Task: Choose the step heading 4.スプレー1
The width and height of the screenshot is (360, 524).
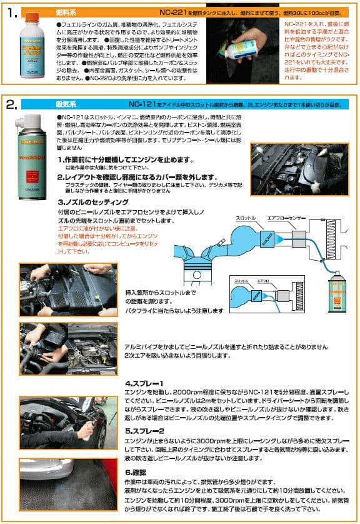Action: (144, 383)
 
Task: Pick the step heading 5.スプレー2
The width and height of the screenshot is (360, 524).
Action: (144, 430)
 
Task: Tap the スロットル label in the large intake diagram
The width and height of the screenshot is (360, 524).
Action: (246, 218)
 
